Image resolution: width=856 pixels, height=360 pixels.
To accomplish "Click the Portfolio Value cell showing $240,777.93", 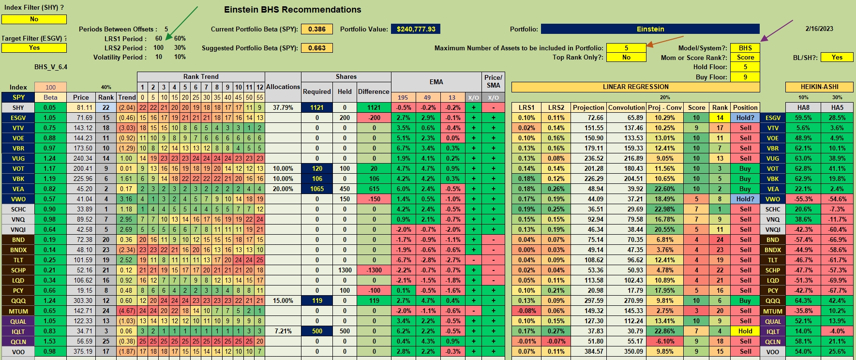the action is [x=416, y=29].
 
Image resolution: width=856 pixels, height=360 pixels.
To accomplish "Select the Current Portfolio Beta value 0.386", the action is [x=317, y=29].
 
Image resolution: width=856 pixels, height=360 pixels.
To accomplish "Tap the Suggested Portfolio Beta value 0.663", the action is [x=317, y=48].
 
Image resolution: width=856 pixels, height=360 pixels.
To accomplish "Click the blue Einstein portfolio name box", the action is [x=650, y=29].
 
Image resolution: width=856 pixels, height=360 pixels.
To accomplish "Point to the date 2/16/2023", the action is [x=819, y=29].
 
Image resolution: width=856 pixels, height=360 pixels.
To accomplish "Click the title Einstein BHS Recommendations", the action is [x=293, y=10].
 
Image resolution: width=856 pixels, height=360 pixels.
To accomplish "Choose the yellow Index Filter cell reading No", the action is [x=34, y=19].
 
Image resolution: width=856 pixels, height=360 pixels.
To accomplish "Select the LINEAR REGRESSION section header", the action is [x=635, y=87].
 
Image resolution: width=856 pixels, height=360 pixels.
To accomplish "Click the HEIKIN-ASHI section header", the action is [x=819, y=87].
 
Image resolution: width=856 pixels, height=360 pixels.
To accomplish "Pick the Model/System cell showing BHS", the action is [x=745, y=48].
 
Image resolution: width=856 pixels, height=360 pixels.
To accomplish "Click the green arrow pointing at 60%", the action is [x=182, y=23].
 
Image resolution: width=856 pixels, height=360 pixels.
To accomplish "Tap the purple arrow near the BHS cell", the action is [x=777, y=31].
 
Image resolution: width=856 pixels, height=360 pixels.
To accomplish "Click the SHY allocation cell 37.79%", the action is [x=283, y=107].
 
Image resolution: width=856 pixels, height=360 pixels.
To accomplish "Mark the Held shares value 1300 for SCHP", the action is [x=345, y=270].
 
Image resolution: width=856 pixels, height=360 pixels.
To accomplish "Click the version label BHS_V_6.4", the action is [x=51, y=67].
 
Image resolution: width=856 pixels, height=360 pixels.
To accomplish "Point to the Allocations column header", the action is [x=283, y=87].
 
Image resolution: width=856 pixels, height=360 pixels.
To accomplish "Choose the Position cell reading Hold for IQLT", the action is [x=745, y=331].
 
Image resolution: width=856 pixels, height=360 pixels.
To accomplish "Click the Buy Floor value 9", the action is [x=745, y=77].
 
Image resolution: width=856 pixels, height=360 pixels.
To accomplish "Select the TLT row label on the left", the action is [x=18, y=260].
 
